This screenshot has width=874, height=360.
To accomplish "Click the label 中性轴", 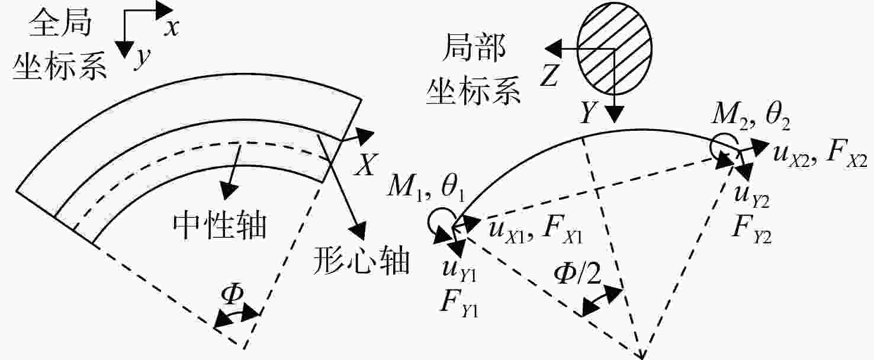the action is click(x=219, y=226).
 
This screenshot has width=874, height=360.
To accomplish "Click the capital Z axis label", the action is click(x=550, y=75).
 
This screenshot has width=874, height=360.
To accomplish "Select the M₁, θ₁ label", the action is click(x=426, y=190).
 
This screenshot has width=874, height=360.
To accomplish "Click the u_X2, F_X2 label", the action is click(x=820, y=155).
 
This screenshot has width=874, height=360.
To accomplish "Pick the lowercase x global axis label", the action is click(x=171, y=28).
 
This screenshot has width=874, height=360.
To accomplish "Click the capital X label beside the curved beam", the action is click(x=364, y=164).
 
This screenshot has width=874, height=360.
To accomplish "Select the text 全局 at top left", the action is click(x=60, y=22).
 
